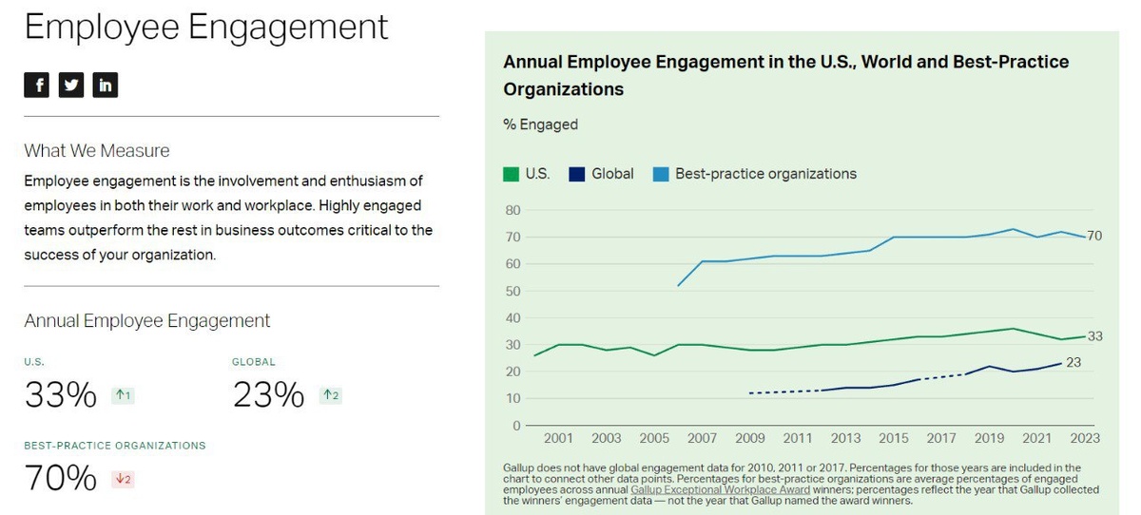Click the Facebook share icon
tap(36, 85)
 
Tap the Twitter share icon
tap(70, 85)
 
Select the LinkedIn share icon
tap(105, 85)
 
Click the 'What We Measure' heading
tap(97, 150)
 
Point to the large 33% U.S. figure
tap(61, 394)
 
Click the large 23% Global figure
tap(268, 394)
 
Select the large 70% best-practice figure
tap(61, 478)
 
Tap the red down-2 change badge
tap(123, 479)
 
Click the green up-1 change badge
tap(123, 395)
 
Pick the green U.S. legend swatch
tap(511, 174)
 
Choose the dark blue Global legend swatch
tap(576, 174)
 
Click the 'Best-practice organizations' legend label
tap(765, 174)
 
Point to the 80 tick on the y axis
tap(512, 210)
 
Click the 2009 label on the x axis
tap(750, 438)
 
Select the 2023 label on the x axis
tap(1084, 438)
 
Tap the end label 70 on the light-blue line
tap(1093, 236)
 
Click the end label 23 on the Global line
tap(1073, 362)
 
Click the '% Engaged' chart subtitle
tap(540, 124)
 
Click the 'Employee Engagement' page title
tap(206, 27)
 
